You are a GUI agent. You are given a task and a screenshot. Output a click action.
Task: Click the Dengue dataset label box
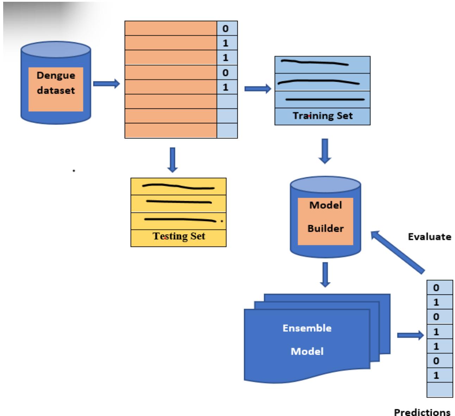[x=56, y=89]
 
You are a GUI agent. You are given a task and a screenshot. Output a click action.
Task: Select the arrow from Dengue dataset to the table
[x=106, y=84]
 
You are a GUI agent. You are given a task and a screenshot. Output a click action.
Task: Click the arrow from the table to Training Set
[x=257, y=88]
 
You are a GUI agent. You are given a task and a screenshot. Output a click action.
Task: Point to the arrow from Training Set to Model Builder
[x=325, y=151]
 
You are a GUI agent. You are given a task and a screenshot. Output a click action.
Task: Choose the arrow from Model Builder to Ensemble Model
[x=325, y=274]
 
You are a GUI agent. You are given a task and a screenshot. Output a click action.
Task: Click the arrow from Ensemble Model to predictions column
[x=410, y=335]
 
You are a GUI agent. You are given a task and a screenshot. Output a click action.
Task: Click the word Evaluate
[x=429, y=236]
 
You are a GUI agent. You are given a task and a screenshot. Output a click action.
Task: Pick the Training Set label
[x=323, y=116]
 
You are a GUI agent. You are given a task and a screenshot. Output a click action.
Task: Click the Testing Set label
[x=179, y=236]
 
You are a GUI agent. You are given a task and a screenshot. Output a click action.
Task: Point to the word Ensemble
[x=307, y=328]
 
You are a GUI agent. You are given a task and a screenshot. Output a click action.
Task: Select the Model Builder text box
[x=325, y=217]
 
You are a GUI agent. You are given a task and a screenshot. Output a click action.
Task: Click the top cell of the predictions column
[x=439, y=288]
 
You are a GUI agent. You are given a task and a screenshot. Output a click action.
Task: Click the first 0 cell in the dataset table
[x=227, y=28]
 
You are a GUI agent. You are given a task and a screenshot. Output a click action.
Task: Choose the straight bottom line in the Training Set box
[x=324, y=100]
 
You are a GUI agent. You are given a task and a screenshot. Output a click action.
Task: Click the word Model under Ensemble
[x=307, y=351]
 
